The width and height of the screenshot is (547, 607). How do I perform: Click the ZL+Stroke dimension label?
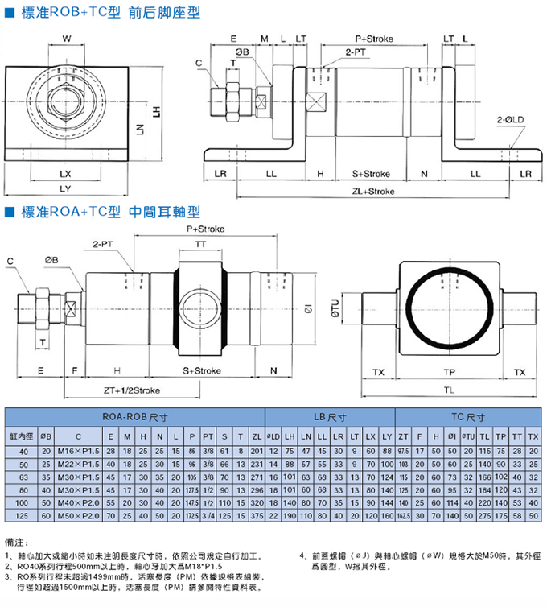pyautogui.click(x=373, y=192)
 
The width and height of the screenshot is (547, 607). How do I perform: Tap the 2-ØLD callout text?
pyautogui.click(x=511, y=119)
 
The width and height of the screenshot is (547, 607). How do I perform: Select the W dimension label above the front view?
pyautogui.click(x=67, y=39)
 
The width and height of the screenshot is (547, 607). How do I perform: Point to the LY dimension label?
pyautogui.click(x=66, y=188)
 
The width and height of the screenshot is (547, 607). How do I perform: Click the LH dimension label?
pyautogui.click(x=158, y=113)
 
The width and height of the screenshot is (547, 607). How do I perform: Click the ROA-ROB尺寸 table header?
pyautogui.click(x=136, y=417)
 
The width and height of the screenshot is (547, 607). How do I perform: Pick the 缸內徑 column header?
pyautogui.click(x=23, y=435)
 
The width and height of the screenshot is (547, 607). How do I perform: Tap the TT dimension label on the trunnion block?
pyautogui.click(x=199, y=243)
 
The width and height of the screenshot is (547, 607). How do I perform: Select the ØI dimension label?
pyautogui.click(x=287, y=308)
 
